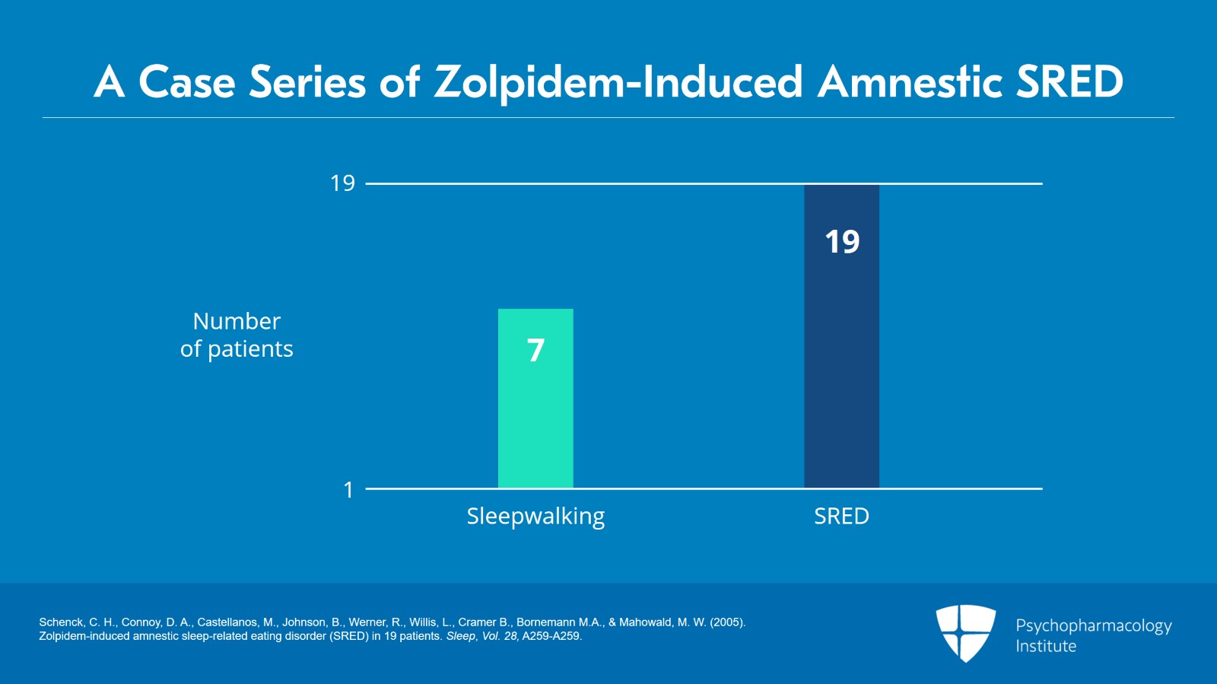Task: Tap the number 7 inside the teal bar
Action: (535, 350)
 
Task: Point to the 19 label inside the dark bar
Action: (842, 242)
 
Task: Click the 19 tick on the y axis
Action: (342, 183)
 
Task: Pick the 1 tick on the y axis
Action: (348, 490)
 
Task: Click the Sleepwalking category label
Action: (535, 517)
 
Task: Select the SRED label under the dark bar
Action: (841, 517)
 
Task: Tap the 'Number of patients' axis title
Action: (237, 335)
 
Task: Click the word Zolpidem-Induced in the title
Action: (618, 82)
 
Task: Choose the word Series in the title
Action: (307, 82)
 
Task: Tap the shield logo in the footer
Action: (965, 632)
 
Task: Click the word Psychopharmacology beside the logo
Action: (1093, 626)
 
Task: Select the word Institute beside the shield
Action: (1046, 647)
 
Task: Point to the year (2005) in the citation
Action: (727, 622)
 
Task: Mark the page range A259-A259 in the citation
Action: (551, 636)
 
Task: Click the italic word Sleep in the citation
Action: (460, 636)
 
